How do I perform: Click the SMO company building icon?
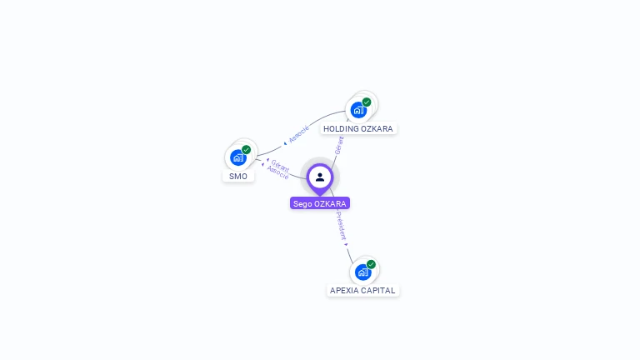coord(237,157)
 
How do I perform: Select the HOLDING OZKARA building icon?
coord(358,110)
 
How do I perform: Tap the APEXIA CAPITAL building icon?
coord(362,272)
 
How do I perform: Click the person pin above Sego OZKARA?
coord(320,177)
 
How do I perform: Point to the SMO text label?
coord(238,177)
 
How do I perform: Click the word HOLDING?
coord(341,129)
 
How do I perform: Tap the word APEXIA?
coord(344,291)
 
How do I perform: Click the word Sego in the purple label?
coord(302,203)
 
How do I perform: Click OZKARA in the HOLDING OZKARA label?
coord(377,129)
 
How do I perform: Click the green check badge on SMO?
coord(247,149)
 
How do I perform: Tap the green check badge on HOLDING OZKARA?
coord(367,102)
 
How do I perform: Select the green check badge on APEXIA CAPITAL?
coord(371,264)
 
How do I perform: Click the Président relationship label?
coord(342,226)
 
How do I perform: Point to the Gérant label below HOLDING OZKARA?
coord(339,144)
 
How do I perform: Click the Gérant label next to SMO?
coord(280,165)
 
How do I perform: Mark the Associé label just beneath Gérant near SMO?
coord(277,173)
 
